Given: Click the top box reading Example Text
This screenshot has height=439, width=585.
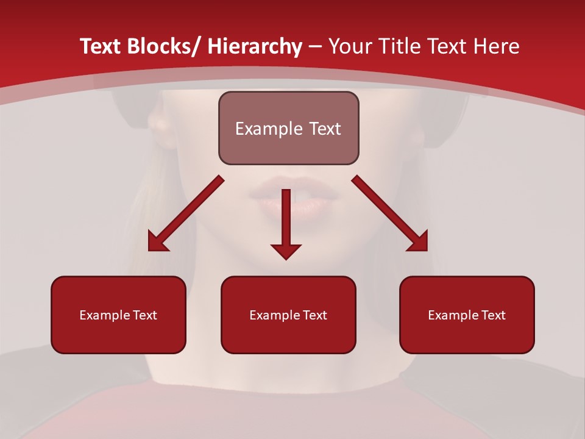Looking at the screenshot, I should point(288,128).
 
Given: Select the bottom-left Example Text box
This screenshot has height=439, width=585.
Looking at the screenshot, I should point(118,315).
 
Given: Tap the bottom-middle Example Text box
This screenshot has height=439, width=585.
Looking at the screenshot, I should point(288,315).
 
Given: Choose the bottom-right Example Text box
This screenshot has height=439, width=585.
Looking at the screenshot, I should point(467,315).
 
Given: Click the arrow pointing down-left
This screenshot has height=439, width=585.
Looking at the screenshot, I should point(186,213).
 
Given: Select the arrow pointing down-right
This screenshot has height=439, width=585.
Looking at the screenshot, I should point(390,213).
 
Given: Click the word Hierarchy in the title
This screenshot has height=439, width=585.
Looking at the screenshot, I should point(255,46).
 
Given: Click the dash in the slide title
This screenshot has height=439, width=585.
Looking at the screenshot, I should point(315,47).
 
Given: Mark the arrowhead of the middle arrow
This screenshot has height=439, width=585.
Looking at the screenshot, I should point(286,251).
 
